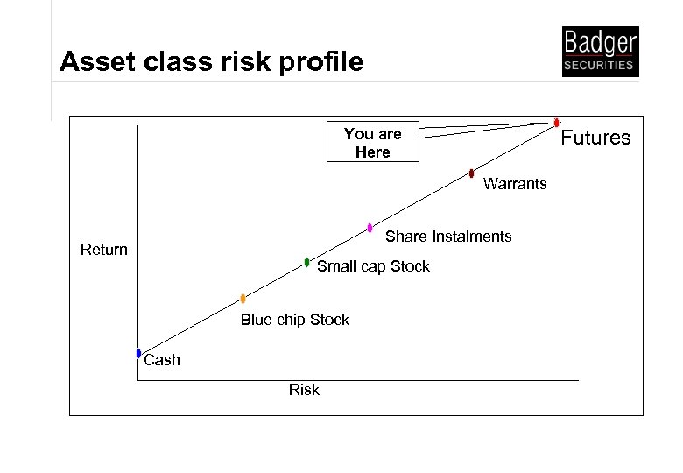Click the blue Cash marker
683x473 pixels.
138,353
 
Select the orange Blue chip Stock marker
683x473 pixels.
243,299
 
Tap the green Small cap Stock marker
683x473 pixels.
306,262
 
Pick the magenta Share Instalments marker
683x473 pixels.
370,228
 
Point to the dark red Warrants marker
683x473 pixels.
471,173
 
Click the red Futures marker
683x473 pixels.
557,123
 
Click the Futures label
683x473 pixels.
595,138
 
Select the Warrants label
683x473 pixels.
515,184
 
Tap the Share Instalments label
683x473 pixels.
448,236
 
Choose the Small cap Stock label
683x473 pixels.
373,266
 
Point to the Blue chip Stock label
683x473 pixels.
295,320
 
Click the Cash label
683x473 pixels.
162,360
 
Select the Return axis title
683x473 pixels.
104,250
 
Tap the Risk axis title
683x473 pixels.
304,390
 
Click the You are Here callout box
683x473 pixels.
372,143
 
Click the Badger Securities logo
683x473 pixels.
600,52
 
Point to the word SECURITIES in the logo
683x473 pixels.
600,66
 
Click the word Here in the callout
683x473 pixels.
372,152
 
